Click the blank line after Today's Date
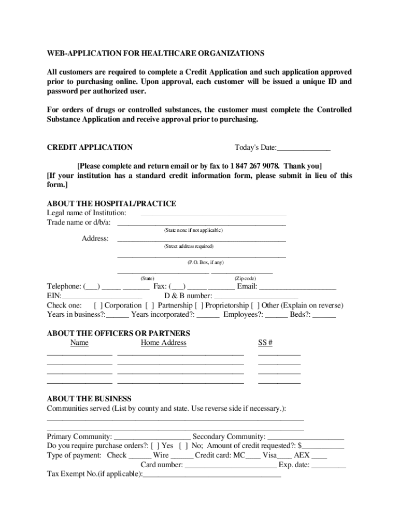[x=304, y=148]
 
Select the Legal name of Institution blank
[x=213, y=213]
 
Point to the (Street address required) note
[x=189, y=246]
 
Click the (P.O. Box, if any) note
[x=205, y=262]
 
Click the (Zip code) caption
[x=245, y=278]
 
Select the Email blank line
[x=297, y=287]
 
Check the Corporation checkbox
[x=98, y=305]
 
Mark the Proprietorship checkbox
[x=198, y=305]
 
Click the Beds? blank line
[x=324, y=315]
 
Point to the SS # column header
[x=265, y=343]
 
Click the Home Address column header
[x=163, y=343]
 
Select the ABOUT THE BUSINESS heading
[x=89, y=399]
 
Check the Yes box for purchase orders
[x=155, y=445]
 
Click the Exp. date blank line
[x=329, y=465]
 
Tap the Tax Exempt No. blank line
[x=212, y=474]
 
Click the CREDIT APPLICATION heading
[x=90, y=147]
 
